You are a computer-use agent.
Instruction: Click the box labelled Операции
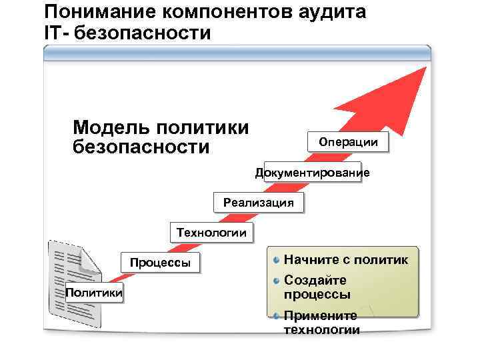click(348, 142)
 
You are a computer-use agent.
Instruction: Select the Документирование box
click(312, 173)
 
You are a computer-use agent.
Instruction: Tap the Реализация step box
click(259, 203)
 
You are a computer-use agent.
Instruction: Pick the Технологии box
click(211, 233)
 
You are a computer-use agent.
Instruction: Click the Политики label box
click(94, 292)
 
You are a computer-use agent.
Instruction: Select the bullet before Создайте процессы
click(276, 280)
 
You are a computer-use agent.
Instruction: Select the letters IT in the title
click(53, 32)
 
